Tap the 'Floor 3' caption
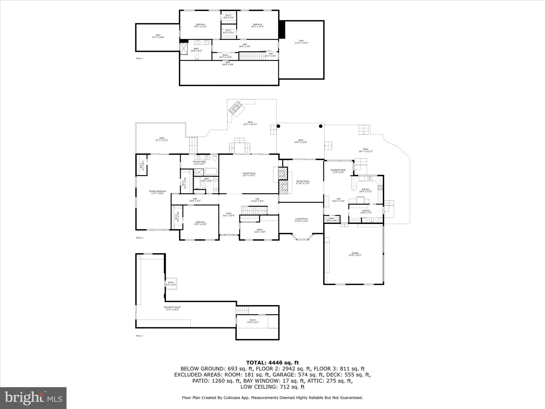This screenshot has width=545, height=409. (139, 58)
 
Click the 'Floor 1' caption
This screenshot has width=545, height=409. (139, 336)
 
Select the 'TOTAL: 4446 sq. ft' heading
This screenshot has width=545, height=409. (272, 363)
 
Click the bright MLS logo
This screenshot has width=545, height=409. (33, 398)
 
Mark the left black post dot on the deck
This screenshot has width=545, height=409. (278, 126)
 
